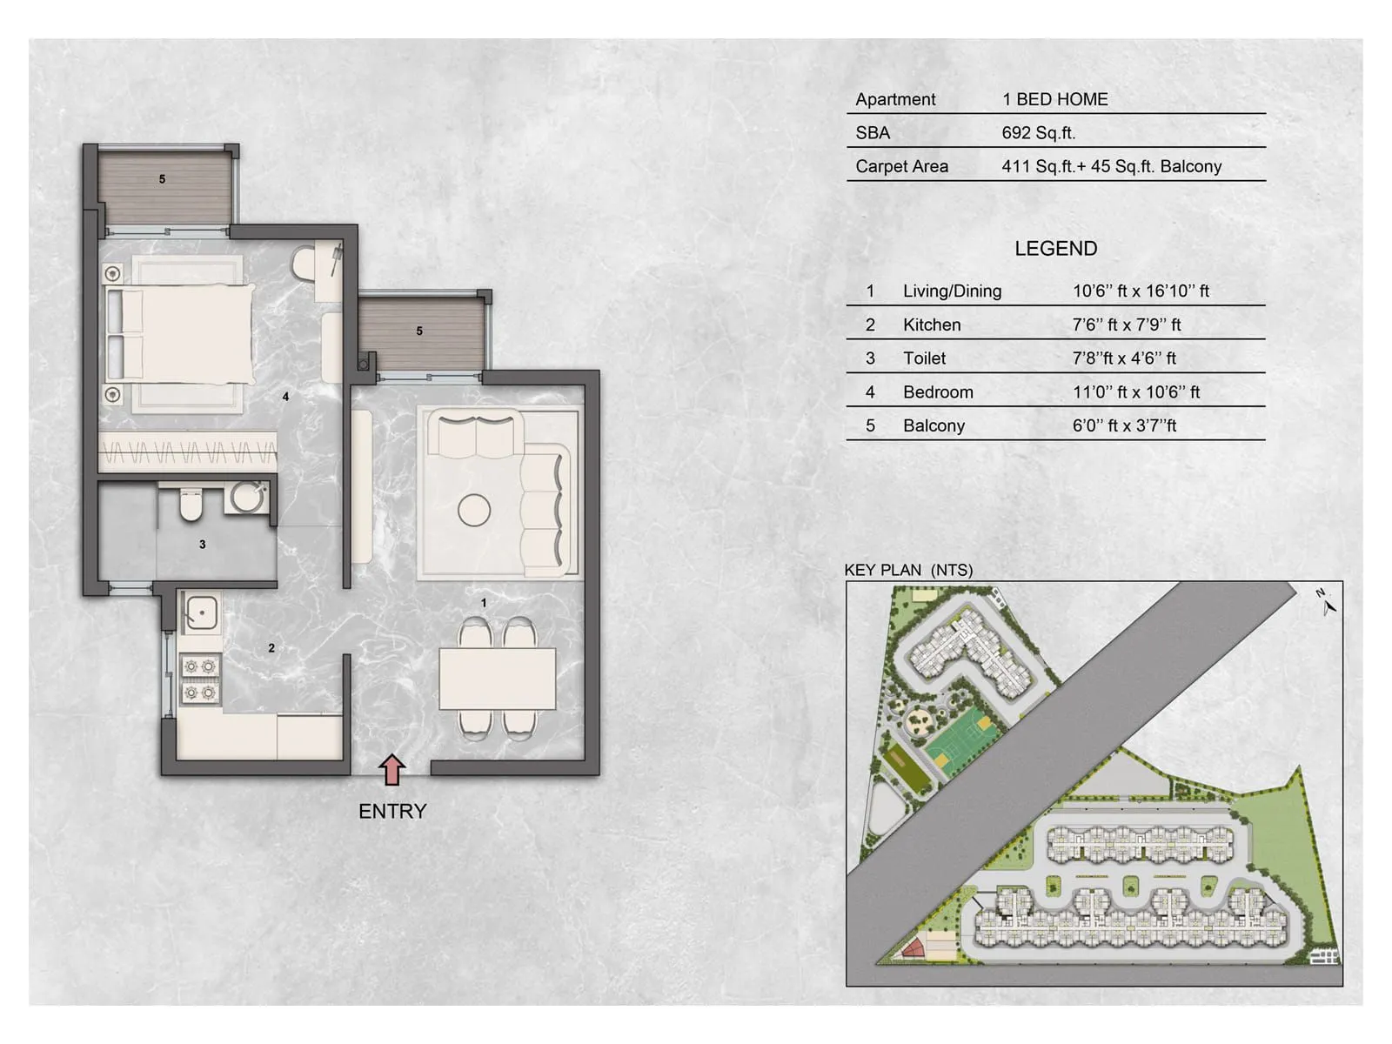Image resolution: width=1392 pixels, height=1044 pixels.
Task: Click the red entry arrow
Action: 392,770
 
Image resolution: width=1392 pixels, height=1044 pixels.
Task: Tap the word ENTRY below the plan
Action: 392,811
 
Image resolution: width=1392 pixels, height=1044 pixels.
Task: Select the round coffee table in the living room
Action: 474,510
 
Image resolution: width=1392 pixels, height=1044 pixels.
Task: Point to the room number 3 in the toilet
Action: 203,545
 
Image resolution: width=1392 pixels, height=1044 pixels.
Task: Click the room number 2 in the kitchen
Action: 271,648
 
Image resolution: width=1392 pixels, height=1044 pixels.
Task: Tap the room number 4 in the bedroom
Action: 285,397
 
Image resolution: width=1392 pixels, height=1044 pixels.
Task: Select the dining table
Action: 497,679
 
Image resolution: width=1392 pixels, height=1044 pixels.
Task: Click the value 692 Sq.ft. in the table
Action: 1038,133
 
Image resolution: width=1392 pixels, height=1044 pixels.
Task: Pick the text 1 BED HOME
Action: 1054,99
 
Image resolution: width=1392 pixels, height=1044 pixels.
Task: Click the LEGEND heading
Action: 1055,249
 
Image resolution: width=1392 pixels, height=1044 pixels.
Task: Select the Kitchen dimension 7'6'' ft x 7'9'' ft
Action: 1126,325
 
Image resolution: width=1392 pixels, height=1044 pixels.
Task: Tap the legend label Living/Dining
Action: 952,291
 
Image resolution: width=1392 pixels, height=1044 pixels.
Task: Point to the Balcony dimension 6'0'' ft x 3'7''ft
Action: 1124,425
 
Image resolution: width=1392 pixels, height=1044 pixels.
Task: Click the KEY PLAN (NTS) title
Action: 908,570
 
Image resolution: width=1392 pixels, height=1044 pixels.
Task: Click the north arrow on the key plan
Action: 1327,603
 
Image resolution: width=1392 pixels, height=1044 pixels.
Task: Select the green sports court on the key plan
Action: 957,739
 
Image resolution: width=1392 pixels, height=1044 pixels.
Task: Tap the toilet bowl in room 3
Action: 191,505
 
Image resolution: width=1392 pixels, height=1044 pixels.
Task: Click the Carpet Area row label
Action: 901,166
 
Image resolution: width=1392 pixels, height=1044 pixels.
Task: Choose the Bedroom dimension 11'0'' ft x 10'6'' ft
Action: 1135,392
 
